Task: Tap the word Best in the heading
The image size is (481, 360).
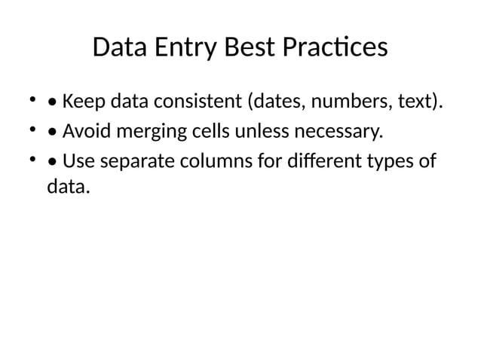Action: point(251,49)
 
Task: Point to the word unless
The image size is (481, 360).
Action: point(262,133)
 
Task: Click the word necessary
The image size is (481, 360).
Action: point(338,133)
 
